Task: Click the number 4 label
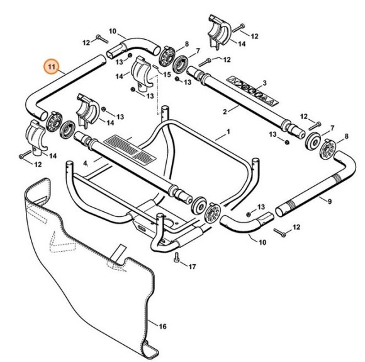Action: click(x=86, y=163)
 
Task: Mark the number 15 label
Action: click(x=167, y=74)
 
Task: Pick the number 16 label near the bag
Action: click(x=162, y=327)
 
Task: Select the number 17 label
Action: click(x=192, y=267)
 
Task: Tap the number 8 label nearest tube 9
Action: click(x=346, y=137)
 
